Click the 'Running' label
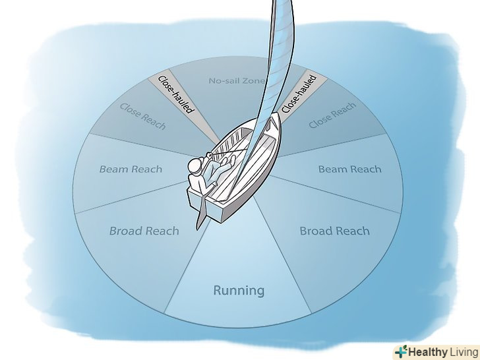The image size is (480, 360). tap(239, 290)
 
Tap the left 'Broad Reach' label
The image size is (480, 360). tap(144, 231)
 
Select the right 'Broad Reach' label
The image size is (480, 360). tap(334, 231)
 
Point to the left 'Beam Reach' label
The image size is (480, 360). tap(131, 169)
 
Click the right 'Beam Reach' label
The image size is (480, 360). tap(349, 169)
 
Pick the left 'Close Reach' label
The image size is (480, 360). tap(142, 115)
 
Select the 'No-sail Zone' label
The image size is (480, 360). tap(236, 81)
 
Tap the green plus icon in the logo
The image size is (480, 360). tap(400, 351)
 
